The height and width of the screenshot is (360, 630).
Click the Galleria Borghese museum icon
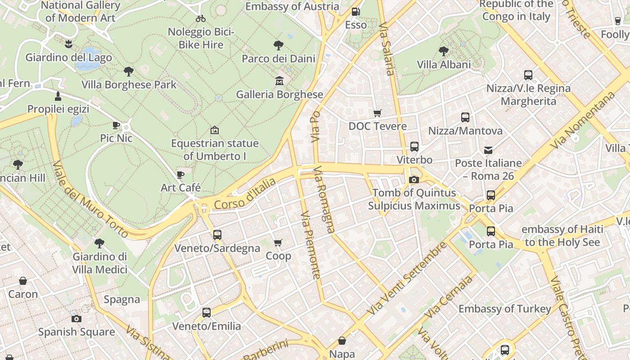[279, 81]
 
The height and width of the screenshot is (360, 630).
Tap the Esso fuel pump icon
[355, 12]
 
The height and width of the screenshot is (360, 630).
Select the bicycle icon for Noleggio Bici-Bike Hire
[201, 18]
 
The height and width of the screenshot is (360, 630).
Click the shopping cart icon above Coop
[278, 243]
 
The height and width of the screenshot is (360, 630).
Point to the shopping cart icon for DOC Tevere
[378, 113]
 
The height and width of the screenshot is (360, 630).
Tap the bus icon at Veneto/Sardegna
[217, 234]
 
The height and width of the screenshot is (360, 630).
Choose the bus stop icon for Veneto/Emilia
[207, 312]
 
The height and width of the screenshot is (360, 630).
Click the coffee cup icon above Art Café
[180, 175]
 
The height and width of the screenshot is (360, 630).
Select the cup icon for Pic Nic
[116, 125]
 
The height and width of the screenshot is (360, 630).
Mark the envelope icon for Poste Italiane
[488, 150]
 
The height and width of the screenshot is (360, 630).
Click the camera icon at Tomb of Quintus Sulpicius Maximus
[414, 180]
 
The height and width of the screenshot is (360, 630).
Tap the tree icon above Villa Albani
[444, 51]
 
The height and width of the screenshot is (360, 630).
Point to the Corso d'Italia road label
[245, 194]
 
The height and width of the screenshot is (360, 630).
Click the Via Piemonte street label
[311, 245]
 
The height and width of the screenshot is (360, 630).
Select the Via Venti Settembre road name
[407, 279]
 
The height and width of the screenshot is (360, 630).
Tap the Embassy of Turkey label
[504, 309]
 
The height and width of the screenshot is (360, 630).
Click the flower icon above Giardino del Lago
[68, 44]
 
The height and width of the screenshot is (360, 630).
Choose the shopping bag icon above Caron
[23, 281]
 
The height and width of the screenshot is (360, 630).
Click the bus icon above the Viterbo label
[414, 147]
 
